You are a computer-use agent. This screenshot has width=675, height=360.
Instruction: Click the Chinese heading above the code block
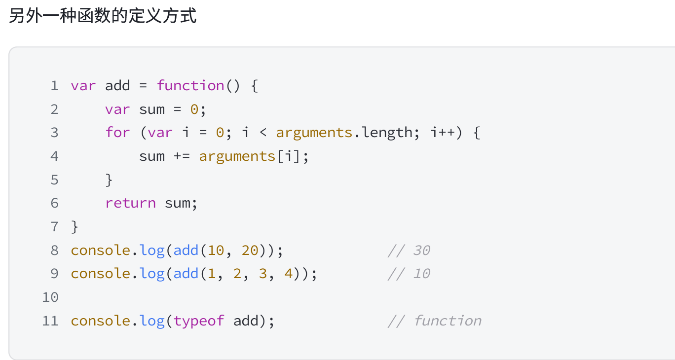tap(103, 16)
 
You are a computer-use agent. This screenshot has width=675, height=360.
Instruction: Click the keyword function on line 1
tap(190, 86)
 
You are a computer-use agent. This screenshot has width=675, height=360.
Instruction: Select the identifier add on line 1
tap(117, 86)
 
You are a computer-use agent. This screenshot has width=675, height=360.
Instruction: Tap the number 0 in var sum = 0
tap(194, 109)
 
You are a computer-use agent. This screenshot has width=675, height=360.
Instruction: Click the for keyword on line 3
tap(117, 133)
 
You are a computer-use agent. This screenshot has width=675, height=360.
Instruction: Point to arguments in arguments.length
tap(314, 133)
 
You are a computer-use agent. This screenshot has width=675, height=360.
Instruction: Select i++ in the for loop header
tap(443, 133)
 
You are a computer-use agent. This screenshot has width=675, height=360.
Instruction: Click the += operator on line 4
tap(182, 156)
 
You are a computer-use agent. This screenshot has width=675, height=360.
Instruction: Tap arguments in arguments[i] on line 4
tap(237, 156)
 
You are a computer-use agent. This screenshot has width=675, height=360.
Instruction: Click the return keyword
tap(130, 203)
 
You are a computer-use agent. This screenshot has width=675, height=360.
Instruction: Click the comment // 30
tap(409, 251)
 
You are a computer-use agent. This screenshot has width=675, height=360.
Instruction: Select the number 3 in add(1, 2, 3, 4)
tap(263, 274)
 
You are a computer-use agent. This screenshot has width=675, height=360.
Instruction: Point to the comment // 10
tap(409, 274)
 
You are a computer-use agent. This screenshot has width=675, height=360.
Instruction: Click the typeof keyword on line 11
tap(199, 321)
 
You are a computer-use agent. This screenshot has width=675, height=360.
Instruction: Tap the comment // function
tap(435, 321)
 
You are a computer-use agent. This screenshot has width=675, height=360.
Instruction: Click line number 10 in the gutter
tap(50, 297)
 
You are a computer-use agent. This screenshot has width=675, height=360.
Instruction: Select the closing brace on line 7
tap(75, 227)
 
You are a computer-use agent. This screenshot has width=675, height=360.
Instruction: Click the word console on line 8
tap(100, 251)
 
